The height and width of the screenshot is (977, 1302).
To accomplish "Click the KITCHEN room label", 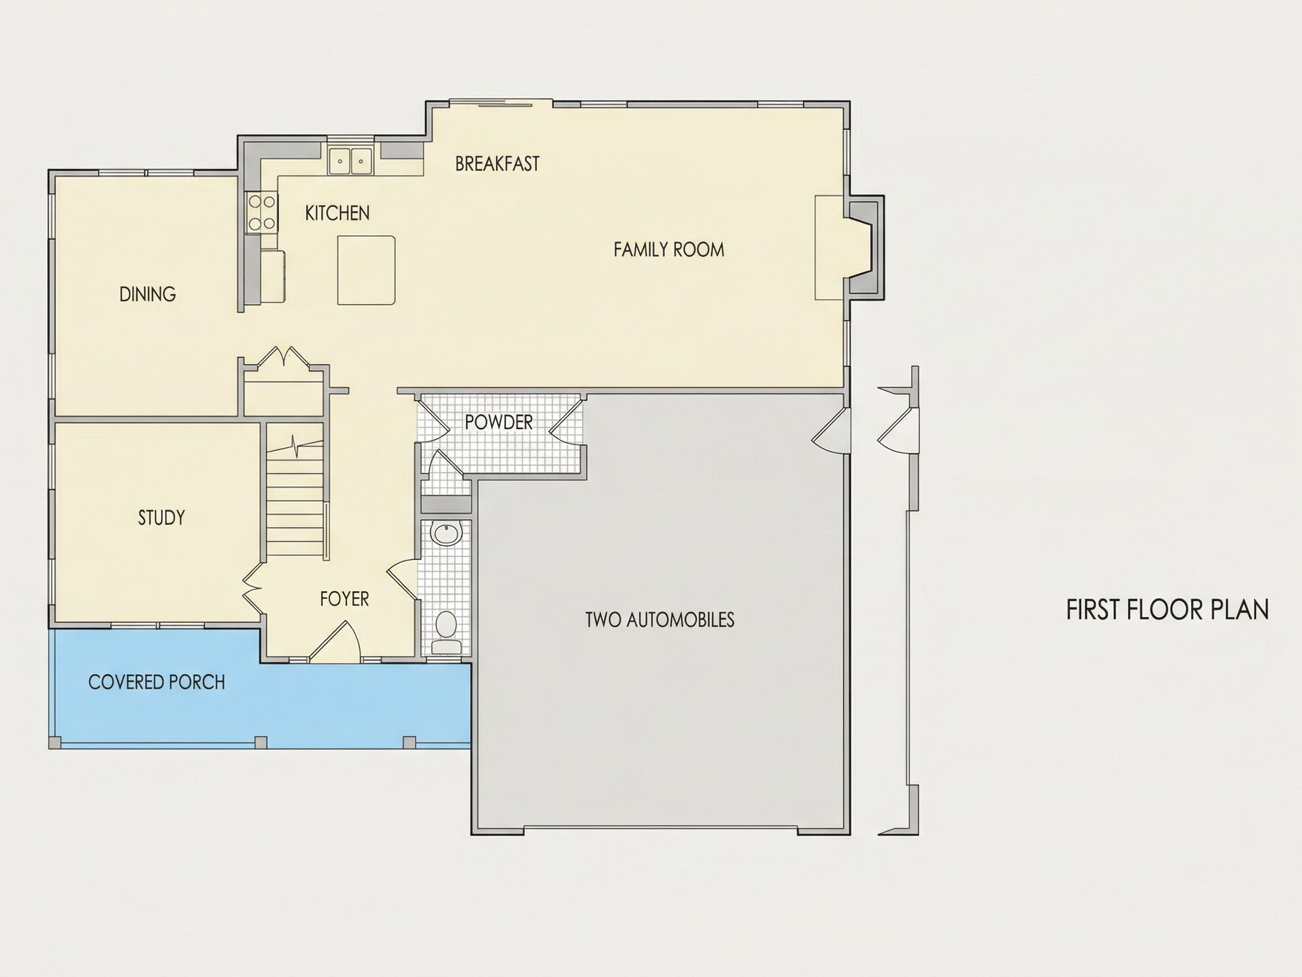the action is [337, 213].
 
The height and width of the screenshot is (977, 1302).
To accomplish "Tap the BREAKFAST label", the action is [497, 164].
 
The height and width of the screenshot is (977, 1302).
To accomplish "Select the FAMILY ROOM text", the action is [669, 250].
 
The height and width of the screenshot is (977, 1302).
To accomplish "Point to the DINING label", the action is [147, 294].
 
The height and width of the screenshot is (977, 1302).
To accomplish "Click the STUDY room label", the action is [161, 518].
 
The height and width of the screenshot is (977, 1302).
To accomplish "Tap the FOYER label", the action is [344, 599].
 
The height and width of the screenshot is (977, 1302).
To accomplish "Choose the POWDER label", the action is [498, 422].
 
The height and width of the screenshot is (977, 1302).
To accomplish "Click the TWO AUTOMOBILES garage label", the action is [660, 620].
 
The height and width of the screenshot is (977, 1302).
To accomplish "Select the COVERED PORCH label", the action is [157, 682].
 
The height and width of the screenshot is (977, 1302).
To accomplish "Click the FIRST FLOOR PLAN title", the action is [1167, 609].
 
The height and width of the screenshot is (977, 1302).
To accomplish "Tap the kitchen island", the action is [366, 270].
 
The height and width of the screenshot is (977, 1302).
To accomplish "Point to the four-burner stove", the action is [262, 213].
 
